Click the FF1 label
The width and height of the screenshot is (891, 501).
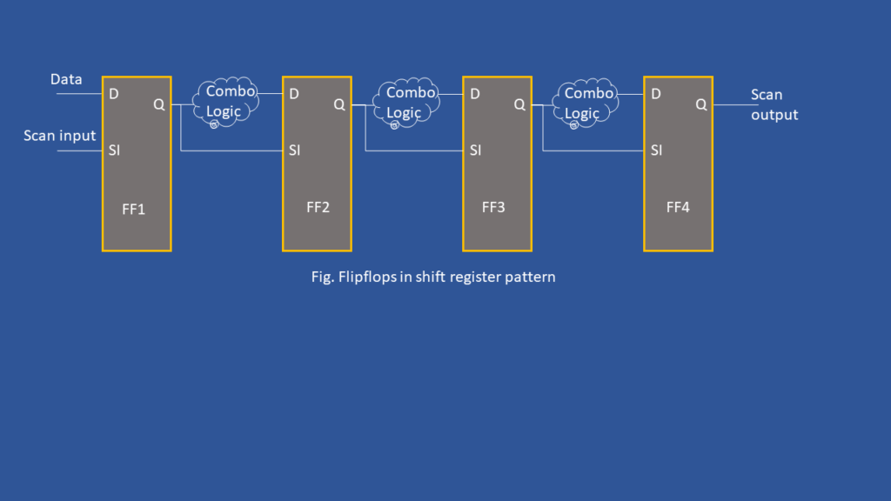coord(133,209)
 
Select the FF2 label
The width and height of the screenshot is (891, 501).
coord(318,207)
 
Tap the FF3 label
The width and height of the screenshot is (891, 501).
coord(493,207)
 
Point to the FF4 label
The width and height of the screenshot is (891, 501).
coord(678,207)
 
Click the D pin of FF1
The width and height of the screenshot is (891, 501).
coord(114,94)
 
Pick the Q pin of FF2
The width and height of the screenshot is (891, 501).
coord(339,104)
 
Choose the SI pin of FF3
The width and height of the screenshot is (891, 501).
coord(476,150)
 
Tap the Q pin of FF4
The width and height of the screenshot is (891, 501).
coord(701,104)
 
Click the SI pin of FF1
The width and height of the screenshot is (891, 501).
coord(114,150)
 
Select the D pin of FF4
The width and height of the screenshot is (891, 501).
coord(656,94)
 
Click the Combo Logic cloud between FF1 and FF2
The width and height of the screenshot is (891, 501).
coord(226,103)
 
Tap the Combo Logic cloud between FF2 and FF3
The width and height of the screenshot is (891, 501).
coord(406,103)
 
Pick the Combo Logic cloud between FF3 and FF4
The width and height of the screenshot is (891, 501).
coord(586,104)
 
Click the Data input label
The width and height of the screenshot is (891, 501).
coord(66,79)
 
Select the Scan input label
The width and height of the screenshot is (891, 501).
coord(60,136)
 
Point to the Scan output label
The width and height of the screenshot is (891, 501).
coord(774,104)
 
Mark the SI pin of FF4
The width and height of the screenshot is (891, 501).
coord(656,150)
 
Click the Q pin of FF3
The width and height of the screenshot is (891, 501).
coord(519,104)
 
